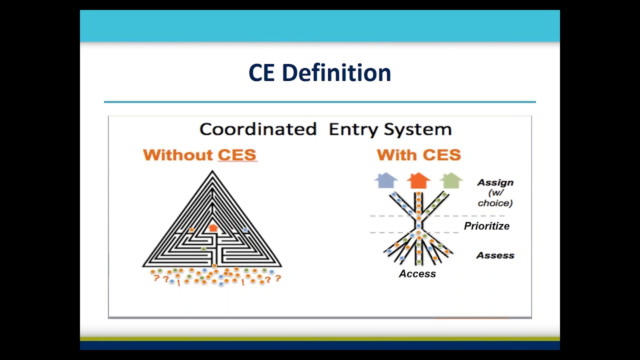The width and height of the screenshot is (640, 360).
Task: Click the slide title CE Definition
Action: click(x=319, y=73)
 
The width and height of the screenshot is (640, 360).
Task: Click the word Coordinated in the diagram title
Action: click(x=258, y=129)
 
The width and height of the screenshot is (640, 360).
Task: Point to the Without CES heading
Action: click(x=199, y=155)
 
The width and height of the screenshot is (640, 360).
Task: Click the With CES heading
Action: click(x=419, y=155)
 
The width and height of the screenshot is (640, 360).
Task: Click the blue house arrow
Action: click(x=386, y=180)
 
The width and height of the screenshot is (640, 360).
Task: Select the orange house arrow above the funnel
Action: click(x=418, y=180)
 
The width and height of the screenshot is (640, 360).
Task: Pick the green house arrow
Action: click(x=451, y=180)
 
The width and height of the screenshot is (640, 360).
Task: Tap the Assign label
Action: click(x=495, y=183)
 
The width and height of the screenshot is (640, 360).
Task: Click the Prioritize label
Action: click(x=486, y=226)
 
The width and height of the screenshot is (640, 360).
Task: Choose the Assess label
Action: click(x=495, y=255)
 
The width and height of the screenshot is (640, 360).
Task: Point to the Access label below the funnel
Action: click(x=417, y=274)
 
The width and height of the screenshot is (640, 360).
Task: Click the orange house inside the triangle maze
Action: click(x=213, y=227)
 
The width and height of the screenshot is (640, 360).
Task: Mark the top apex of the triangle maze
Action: click(x=212, y=172)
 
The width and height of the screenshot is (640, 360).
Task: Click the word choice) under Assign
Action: click(x=495, y=203)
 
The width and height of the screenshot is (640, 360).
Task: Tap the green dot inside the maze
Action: click(x=203, y=248)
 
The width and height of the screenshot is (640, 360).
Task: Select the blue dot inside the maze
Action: click(x=245, y=230)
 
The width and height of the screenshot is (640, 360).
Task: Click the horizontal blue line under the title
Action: click(x=319, y=102)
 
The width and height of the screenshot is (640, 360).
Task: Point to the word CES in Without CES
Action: click(x=236, y=155)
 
